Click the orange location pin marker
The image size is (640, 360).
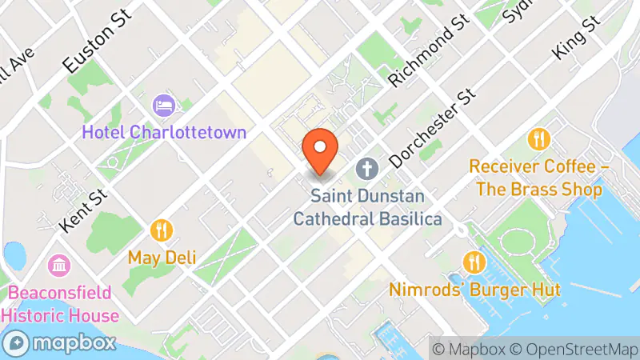(x=321, y=150)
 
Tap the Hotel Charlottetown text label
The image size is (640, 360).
(x=163, y=131)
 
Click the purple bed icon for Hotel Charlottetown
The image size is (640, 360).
(x=163, y=105)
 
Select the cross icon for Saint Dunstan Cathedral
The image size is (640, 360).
(x=367, y=169)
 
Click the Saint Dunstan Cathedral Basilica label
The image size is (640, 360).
(x=367, y=206)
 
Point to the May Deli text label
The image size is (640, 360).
(x=162, y=258)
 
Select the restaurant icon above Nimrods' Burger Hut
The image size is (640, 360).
(x=474, y=262)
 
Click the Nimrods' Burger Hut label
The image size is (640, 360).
(x=474, y=289)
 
